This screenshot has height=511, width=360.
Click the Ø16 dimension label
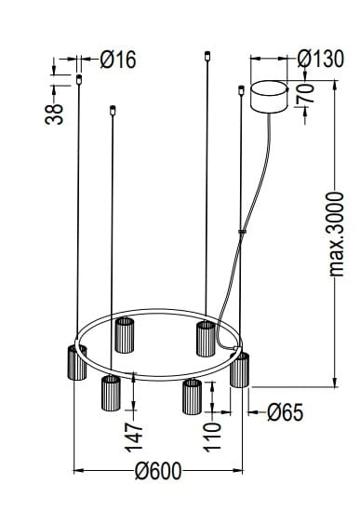point(118,60)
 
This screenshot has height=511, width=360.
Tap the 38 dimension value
point(54,114)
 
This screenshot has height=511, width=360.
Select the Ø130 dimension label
point(321,59)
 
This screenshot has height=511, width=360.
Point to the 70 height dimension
point(306,93)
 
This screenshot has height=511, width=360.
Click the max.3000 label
point(336,235)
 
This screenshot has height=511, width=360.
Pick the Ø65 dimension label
point(286,412)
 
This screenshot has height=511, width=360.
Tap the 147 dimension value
point(134,438)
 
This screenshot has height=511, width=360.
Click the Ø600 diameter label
point(158,471)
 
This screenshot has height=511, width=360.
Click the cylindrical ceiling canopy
point(269,97)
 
